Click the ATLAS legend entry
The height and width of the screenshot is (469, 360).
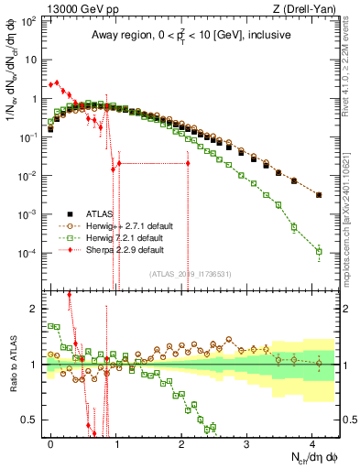click(x=99, y=213)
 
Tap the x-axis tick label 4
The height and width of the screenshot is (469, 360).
click(x=312, y=441)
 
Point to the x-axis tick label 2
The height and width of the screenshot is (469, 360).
click(x=181, y=441)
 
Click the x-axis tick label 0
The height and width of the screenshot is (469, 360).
click(x=50, y=441)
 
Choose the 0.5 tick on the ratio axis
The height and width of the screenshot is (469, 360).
click(x=29, y=420)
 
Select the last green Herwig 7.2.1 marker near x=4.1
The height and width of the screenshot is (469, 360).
click(x=319, y=251)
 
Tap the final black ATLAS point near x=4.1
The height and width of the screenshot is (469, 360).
click(x=319, y=195)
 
